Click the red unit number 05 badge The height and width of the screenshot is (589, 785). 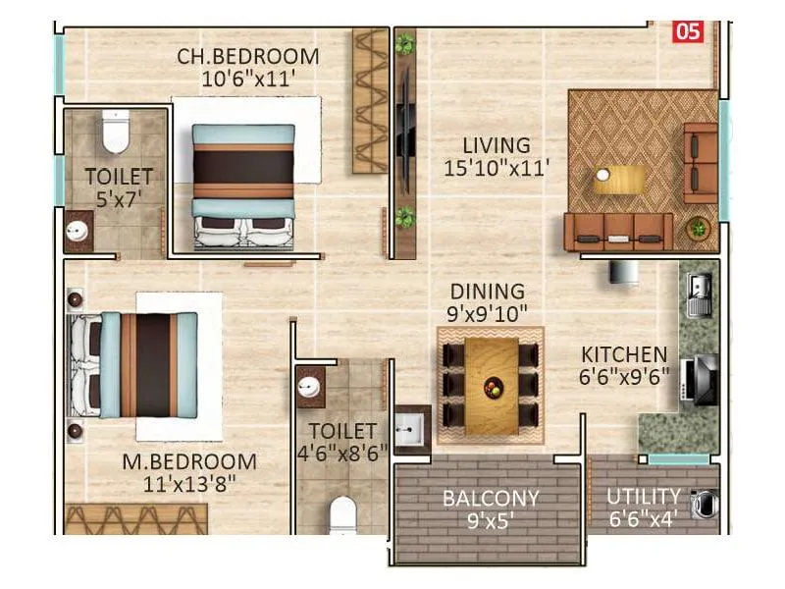[x=688, y=31]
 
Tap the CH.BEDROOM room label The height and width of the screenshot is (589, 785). [x=247, y=56]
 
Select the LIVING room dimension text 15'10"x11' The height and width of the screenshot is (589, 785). [x=496, y=168]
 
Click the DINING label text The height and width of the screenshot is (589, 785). [x=487, y=292]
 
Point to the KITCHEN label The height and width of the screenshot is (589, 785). [x=624, y=354]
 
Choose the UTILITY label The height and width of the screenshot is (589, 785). [x=643, y=496]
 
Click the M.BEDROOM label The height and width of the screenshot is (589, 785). [x=189, y=461]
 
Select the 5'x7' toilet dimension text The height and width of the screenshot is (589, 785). [x=118, y=199]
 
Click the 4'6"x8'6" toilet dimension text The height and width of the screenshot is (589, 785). [x=341, y=453]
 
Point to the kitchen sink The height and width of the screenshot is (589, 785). [x=700, y=292]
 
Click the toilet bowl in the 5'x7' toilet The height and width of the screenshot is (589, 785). [x=116, y=134]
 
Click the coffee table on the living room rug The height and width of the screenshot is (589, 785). [x=621, y=180]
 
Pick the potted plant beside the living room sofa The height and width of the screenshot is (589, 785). [x=698, y=227]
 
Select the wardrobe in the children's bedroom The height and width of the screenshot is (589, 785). [x=371, y=100]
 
